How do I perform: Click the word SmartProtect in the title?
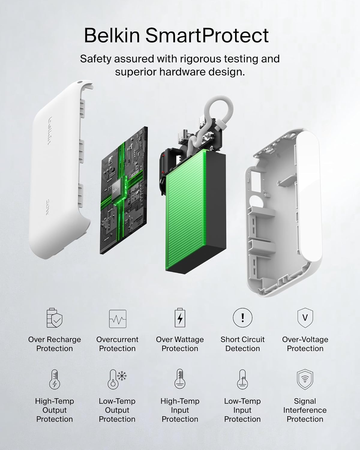[207, 35]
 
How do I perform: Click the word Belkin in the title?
[112, 35]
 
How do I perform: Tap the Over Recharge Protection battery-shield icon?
[54, 318]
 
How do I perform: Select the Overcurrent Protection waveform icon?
[118, 319]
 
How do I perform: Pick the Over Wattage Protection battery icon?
[180, 317]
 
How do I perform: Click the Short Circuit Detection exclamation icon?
[242, 317]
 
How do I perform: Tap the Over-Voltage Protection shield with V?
[305, 318]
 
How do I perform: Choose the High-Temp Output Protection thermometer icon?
[55, 379]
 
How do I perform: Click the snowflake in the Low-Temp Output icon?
[122, 376]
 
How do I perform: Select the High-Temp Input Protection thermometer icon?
[180, 379]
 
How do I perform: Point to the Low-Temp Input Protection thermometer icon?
[242, 379]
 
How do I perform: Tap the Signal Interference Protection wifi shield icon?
[305, 379]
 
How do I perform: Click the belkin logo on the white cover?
[50, 131]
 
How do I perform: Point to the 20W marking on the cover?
[47, 207]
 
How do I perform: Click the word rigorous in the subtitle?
[200, 59]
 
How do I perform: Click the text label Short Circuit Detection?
[243, 344]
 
